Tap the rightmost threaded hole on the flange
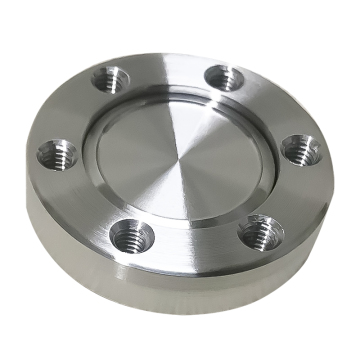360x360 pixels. point(299,147)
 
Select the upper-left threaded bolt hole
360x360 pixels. point(111,77)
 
